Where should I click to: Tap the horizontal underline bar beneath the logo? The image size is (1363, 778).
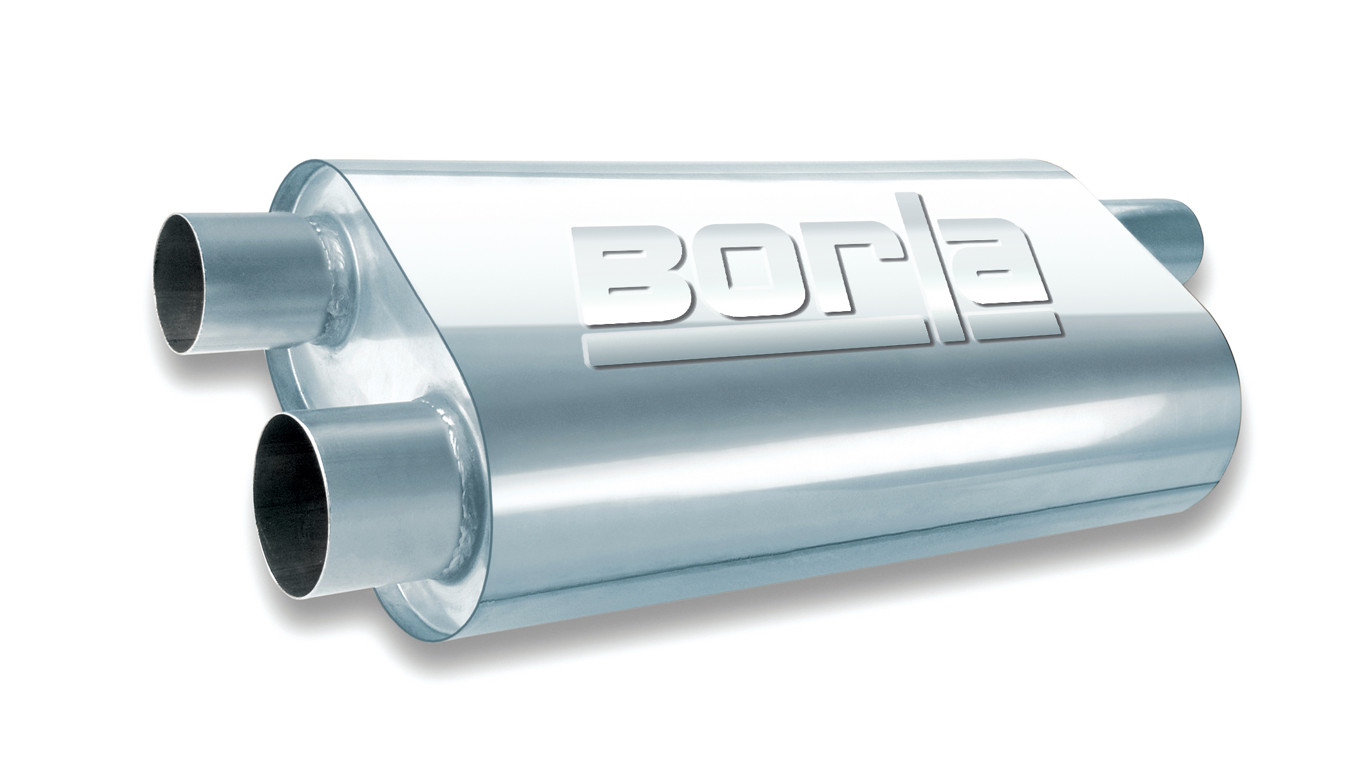pos(741,348)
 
